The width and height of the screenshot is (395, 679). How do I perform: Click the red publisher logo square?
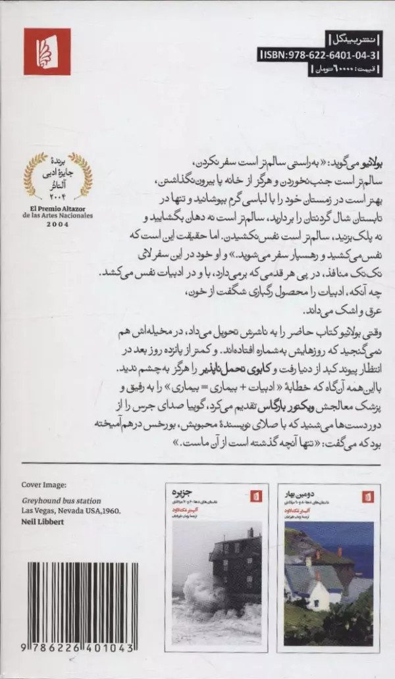(47, 51)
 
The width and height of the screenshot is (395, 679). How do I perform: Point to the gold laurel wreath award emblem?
(57, 176)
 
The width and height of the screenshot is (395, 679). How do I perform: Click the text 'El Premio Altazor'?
(57, 208)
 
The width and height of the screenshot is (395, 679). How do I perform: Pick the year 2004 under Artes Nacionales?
(57, 224)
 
